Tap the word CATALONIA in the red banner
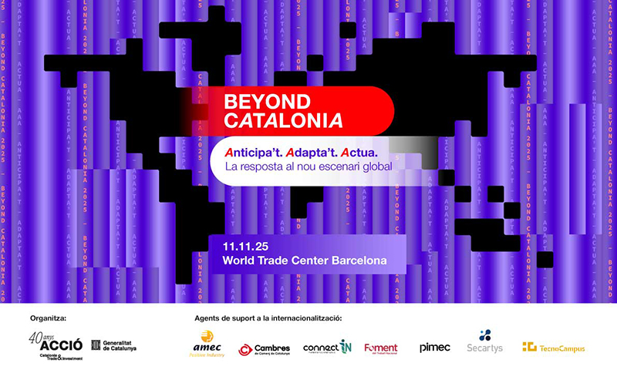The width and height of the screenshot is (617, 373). click(283, 120)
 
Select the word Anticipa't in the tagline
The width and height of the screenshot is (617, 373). click(258, 149)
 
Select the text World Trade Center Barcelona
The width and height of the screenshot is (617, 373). click(304, 260)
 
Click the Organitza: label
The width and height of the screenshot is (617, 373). click(49, 318)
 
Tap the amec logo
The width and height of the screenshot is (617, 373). click(206, 344)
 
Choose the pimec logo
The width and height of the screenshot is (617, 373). click(435, 348)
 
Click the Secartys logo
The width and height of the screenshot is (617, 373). click(484, 342)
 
